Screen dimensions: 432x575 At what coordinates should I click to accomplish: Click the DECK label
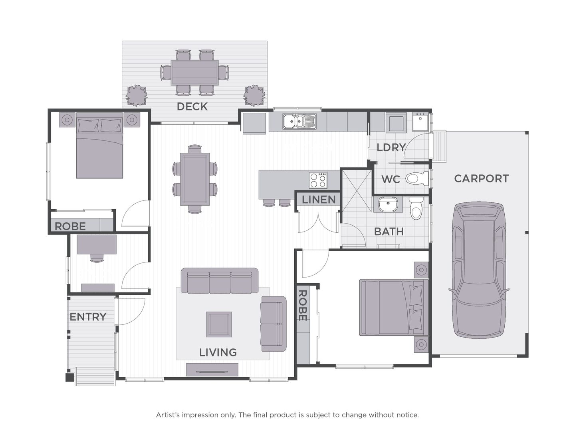tap(192, 106)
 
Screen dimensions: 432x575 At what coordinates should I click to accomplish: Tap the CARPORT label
tap(481, 178)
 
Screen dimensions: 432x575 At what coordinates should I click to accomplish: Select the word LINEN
tap(319, 200)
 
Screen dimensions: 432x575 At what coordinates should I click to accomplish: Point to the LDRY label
tap(391, 147)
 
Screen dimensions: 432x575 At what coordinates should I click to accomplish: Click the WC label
tap(391, 179)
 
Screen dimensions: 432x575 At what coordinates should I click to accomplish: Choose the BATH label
tap(389, 231)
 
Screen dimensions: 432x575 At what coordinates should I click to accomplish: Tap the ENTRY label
tap(88, 317)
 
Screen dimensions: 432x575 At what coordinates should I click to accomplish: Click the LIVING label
tap(218, 352)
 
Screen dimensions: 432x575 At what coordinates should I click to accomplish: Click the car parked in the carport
tap(478, 270)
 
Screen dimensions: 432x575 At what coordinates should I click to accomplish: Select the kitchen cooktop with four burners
tap(319, 180)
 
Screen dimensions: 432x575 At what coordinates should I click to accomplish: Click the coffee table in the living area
tap(219, 324)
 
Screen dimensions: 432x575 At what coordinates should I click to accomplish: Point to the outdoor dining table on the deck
tap(194, 72)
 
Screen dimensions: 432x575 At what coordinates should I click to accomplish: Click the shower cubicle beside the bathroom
tap(356, 188)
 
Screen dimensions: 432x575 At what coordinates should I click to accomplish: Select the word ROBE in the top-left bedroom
tap(70, 226)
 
